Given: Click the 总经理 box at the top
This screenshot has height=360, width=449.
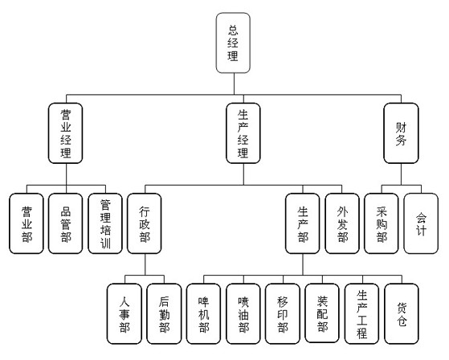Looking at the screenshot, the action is click(x=233, y=43).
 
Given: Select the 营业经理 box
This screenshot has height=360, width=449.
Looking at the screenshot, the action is click(x=66, y=133).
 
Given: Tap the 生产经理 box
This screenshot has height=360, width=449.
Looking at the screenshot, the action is click(x=243, y=133).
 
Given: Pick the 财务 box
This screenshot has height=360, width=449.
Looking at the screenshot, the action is click(x=401, y=133).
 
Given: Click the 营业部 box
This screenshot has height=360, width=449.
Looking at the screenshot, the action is click(x=27, y=223).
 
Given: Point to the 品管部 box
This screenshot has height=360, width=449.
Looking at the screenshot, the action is click(x=66, y=223).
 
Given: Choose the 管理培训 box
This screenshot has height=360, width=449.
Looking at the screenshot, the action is click(x=105, y=223).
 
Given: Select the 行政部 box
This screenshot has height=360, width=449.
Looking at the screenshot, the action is click(x=145, y=223).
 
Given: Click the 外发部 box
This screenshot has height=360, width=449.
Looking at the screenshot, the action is click(x=342, y=223).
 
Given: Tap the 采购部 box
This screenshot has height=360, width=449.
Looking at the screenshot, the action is click(x=382, y=223).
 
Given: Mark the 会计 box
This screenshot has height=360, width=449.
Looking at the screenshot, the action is click(x=421, y=223).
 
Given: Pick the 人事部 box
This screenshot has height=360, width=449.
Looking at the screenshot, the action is click(x=124, y=313).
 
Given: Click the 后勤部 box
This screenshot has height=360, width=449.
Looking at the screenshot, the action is click(x=164, y=313).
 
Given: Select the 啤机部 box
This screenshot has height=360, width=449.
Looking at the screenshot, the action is click(x=203, y=313).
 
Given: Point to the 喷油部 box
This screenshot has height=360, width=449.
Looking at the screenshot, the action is click(x=243, y=313).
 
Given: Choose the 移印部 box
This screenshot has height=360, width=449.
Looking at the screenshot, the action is click(x=283, y=313).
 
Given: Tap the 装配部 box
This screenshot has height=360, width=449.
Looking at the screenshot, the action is click(x=322, y=313).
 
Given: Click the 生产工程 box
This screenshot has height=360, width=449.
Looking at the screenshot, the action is click(x=362, y=313).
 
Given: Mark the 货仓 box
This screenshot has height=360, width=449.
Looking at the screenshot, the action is click(x=402, y=313).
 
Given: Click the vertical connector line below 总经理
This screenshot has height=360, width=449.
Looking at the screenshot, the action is click(x=235, y=84).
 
